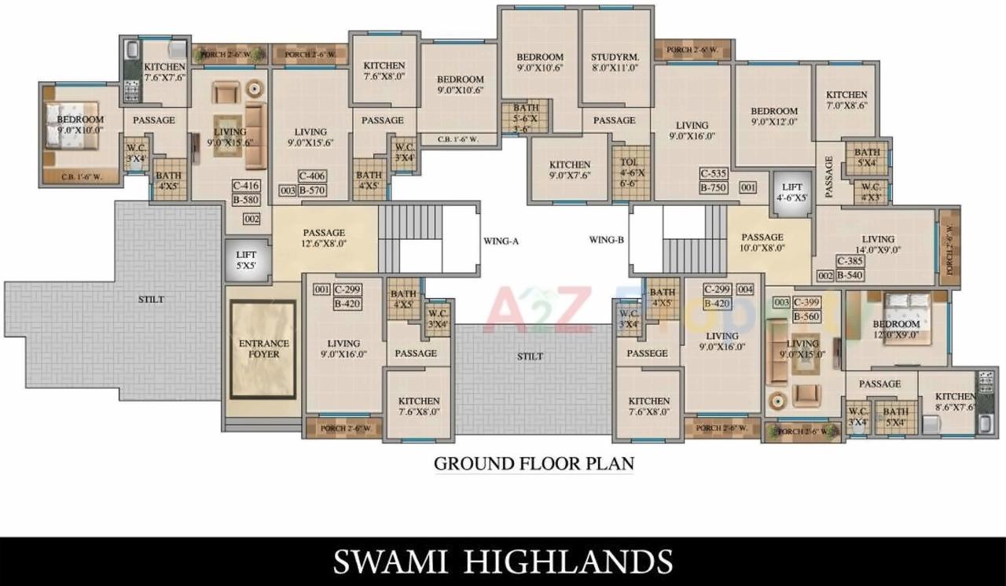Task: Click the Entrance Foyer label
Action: coord(263,348)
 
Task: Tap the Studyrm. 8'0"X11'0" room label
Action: coord(615,62)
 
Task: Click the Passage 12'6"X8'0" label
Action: coord(324,238)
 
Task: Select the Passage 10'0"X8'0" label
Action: coord(762,242)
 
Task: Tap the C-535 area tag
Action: coord(714,174)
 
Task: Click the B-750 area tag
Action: coord(714,187)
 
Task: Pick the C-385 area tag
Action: coord(850,261)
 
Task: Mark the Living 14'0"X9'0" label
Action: coord(877,244)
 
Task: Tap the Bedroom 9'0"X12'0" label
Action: coord(773,116)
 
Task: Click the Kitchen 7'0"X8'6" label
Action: coord(846,99)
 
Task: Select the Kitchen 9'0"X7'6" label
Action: coord(569,170)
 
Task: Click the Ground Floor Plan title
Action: coord(534,463)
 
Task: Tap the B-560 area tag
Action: coord(807,316)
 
